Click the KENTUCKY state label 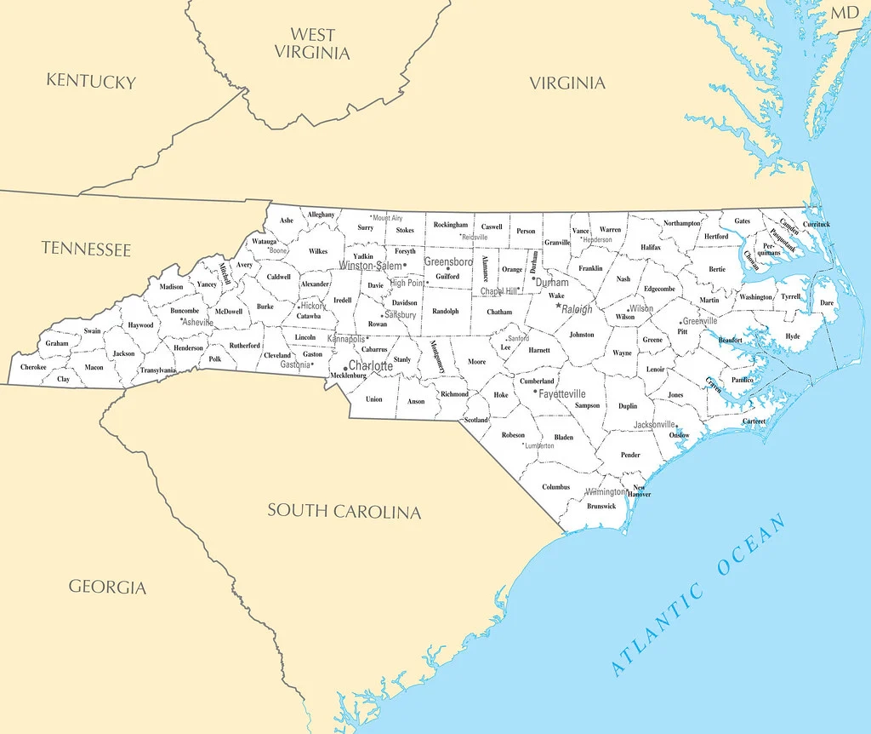91,82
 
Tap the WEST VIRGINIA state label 311,43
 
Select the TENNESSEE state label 86,249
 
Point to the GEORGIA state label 107,587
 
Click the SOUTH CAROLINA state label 344,511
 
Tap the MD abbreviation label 845,12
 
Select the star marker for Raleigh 559,306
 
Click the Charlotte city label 371,365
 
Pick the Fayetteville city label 562,394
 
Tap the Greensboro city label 448,262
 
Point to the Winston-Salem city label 370,266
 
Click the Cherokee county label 33,367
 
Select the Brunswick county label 601,506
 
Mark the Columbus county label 556,487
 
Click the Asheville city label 198,323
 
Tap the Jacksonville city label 654,424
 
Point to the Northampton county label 682,223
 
